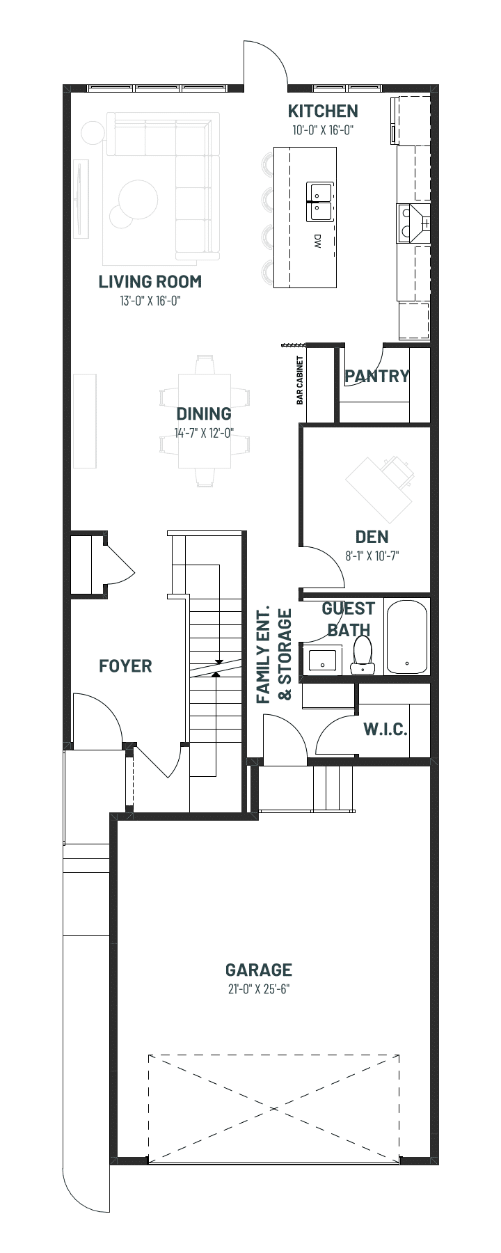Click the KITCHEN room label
coord(323,111)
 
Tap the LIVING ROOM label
coord(150,282)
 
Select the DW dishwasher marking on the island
coord(317,242)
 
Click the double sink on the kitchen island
coord(320,203)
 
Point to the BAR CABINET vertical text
coord(300,381)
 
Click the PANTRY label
coord(377,377)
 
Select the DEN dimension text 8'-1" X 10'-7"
coord(372,556)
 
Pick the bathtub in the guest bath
coord(408,637)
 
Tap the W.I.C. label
coord(385,730)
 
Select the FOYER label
coord(125,666)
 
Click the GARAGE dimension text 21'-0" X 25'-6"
coord(258,989)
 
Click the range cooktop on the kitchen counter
coord(413,223)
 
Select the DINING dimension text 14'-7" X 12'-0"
coord(204,432)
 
